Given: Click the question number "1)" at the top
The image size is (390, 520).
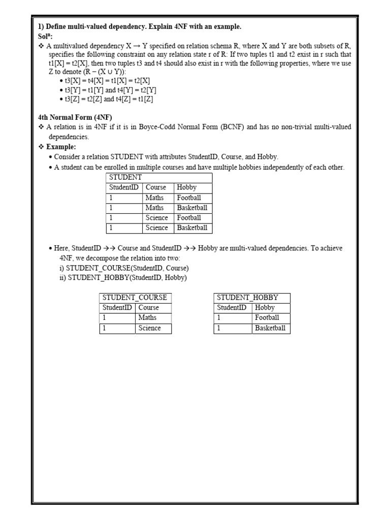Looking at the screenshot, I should coord(42,26).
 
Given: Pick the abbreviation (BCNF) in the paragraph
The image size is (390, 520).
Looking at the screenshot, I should coord(236,127).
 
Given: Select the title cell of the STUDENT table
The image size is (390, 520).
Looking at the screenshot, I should coord(159,177).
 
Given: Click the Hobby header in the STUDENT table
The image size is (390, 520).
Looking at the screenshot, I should coord(186,187).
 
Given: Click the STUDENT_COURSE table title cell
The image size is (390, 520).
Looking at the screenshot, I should coord(135,298).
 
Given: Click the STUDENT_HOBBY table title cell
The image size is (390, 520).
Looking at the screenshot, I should coord(252,298).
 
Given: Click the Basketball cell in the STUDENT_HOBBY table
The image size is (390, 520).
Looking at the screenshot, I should coord(270,328).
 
